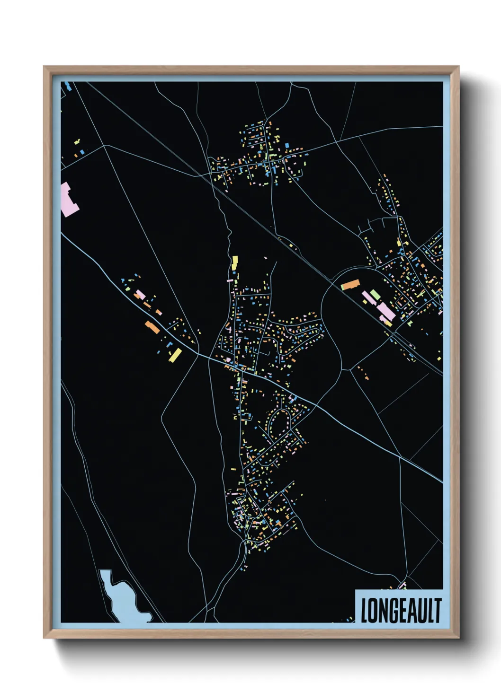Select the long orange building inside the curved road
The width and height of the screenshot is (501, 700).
click(351, 284)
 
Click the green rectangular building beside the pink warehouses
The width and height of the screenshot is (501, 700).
click(375, 295)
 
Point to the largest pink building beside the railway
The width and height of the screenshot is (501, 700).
click(386, 311)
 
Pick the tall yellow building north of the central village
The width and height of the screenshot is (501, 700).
click(234, 263)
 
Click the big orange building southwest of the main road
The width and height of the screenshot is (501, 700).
click(152, 327)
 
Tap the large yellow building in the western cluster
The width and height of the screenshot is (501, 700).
click(175, 355)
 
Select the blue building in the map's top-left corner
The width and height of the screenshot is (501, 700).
click(68, 86)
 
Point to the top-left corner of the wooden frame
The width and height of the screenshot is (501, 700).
click(45, 67)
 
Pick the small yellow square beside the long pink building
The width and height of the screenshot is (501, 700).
click(388, 323)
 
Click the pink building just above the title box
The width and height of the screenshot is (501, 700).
click(403, 586)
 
